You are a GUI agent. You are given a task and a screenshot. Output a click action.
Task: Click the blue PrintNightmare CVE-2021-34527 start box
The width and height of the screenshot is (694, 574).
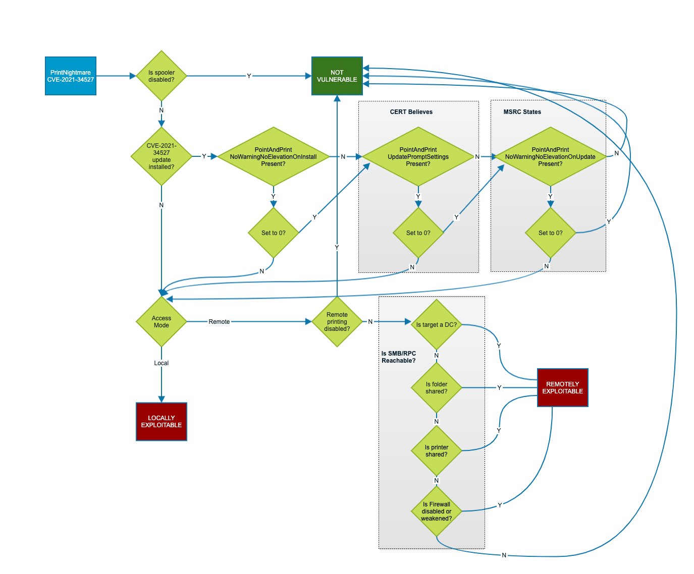click(71, 76)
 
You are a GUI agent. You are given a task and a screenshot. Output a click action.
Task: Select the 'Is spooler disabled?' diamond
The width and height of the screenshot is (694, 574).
click(162, 76)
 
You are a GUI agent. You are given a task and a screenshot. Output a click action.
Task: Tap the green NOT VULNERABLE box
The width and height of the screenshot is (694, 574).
click(337, 76)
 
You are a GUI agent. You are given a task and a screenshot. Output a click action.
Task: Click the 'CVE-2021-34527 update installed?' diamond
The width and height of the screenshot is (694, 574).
click(162, 156)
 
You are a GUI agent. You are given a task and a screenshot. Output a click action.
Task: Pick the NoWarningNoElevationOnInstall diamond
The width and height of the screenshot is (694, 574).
click(273, 156)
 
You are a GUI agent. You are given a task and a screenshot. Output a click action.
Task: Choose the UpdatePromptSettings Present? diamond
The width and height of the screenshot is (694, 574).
click(418, 156)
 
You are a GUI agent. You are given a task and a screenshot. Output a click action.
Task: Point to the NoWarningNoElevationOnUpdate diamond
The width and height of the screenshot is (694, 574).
click(550, 156)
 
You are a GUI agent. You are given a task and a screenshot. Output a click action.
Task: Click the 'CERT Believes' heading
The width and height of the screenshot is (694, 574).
click(411, 112)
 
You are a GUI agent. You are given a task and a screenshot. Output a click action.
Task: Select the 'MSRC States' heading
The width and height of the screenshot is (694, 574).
click(522, 112)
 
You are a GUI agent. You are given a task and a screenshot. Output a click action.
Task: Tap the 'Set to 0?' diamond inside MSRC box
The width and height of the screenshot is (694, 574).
click(550, 233)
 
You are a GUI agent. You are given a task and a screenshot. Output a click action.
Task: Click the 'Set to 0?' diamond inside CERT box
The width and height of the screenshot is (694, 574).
click(418, 233)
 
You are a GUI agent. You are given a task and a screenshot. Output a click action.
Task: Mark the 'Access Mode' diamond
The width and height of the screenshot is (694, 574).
click(162, 322)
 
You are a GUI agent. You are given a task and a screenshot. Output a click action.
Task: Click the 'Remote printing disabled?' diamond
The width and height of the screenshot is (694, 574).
click(337, 322)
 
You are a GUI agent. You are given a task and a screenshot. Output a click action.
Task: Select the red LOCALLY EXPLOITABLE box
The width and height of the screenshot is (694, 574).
click(162, 422)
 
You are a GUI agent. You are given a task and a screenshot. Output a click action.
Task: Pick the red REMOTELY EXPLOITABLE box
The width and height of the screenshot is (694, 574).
click(563, 387)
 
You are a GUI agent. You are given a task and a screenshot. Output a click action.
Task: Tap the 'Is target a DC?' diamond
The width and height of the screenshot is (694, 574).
click(437, 325)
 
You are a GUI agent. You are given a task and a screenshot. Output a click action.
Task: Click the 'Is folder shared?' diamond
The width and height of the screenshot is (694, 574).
click(437, 388)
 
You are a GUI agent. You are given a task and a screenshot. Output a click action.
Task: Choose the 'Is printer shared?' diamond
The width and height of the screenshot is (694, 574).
click(437, 451)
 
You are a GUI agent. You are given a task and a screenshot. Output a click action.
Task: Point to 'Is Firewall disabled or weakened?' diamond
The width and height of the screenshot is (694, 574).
click(437, 511)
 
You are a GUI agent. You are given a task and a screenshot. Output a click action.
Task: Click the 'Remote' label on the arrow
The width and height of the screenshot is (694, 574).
click(219, 322)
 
